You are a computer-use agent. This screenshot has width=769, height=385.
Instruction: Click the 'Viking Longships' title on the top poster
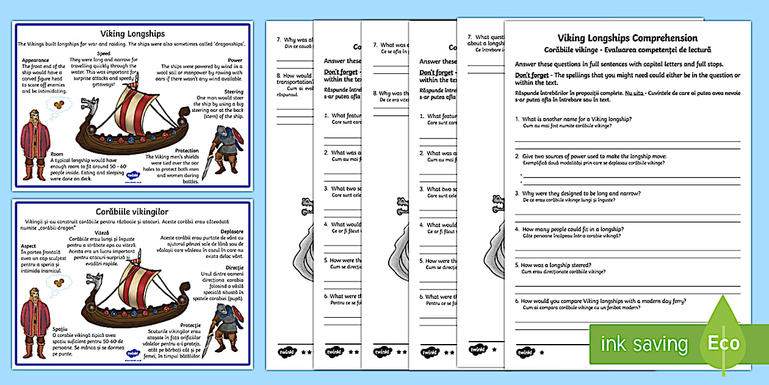(132, 34)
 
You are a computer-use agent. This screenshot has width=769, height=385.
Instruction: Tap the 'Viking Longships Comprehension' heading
(627, 38)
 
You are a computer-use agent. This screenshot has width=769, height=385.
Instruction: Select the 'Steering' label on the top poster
(234, 91)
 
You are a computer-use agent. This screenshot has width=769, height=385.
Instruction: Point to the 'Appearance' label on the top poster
(35, 61)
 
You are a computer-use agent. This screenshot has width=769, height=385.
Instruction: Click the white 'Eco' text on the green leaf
(723, 343)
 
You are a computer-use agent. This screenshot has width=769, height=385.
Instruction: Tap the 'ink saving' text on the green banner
(644, 343)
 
